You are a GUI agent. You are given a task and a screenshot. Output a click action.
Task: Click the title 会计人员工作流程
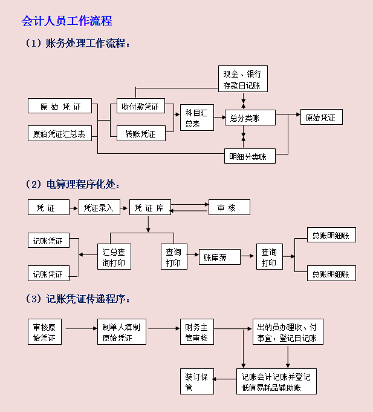point(66,21)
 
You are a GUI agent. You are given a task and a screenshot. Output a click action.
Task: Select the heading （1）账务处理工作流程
point(77,44)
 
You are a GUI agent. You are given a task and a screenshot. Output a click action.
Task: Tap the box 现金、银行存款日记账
point(242,79)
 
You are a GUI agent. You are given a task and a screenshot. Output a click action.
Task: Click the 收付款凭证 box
point(140,107)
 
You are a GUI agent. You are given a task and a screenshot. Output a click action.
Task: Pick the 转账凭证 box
point(140,134)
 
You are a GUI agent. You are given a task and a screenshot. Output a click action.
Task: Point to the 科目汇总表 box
point(197,118)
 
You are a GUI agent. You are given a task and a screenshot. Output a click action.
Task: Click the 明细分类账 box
point(250,156)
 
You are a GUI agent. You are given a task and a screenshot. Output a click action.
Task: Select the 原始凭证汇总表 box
point(59,134)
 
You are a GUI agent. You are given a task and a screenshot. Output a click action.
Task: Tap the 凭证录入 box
point(100,208)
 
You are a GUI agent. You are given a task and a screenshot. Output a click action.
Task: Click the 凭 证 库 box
point(150,208)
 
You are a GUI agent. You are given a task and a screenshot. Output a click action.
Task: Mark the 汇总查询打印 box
point(114,257)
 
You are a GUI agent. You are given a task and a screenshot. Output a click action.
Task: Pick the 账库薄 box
point(219,257)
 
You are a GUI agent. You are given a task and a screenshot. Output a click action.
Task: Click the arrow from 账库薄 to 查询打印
point(248,257)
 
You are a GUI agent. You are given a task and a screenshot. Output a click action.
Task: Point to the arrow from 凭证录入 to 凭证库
point(125,208)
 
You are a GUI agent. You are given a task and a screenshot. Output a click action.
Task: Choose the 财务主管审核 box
point(197,332)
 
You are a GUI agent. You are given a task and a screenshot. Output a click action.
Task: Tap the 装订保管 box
point(197,382)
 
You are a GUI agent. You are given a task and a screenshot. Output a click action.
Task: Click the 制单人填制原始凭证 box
point(122,332)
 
